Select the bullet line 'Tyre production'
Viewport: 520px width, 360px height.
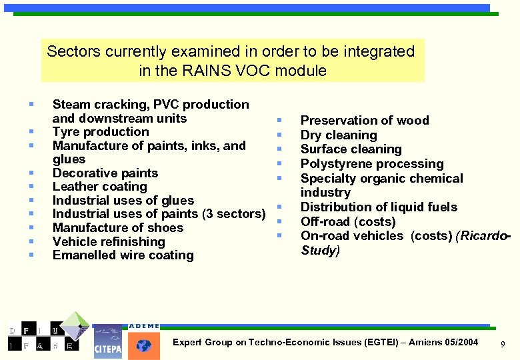click(101, 132)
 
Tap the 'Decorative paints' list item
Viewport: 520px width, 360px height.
click(105, 173)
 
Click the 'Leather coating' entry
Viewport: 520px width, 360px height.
click(99, 187)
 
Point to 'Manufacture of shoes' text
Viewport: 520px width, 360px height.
click(117, 228)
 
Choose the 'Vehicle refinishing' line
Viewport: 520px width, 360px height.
click(109, 241)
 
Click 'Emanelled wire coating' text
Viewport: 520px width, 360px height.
click(123, 255)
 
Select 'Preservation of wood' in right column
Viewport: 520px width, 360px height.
click(365, 121)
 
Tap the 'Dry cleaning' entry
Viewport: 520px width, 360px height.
click(339, 135)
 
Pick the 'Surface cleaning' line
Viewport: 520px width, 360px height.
click(351, 149)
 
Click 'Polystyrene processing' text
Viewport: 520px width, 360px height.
click(372, 164)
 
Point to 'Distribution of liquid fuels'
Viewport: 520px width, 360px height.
click(379, 207)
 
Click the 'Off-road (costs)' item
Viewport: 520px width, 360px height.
click(348, 222)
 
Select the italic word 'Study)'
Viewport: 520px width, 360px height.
click(320, 251)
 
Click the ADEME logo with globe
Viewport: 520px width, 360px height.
click(144, 342)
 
